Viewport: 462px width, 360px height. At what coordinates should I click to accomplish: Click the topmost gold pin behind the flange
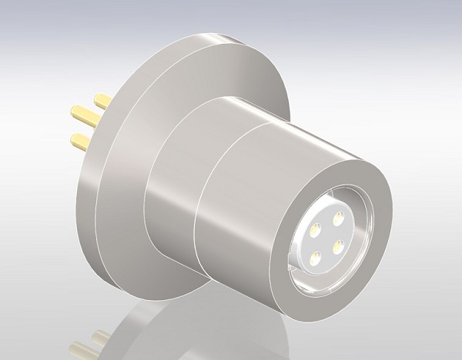102,101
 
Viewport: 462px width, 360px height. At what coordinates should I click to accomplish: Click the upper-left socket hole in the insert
316,230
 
